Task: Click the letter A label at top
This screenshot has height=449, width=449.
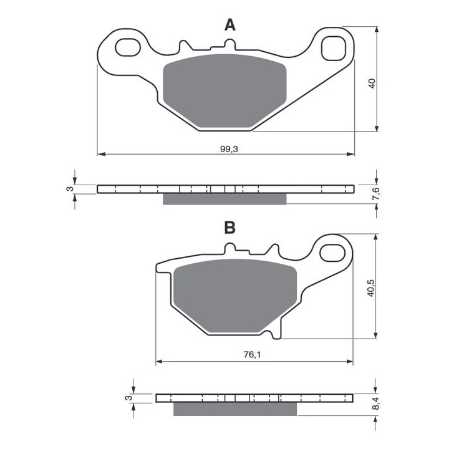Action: [x=230, y=25]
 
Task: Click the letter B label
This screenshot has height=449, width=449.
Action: [x=230, y=228]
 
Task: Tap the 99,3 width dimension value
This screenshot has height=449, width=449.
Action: [x=229, y=148]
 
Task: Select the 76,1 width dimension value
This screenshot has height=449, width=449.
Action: [x=251, y=355]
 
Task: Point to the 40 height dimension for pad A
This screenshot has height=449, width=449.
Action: [x=371, y=84]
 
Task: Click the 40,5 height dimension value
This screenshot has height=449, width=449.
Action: [x=371, y=287]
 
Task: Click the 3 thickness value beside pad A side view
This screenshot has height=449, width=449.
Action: [x=70, y=189]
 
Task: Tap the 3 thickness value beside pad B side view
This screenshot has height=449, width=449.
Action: [x=128, y=398]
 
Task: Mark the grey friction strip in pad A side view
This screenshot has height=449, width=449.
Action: [x=224, y=199]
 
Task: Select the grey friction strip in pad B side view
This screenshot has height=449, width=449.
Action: [x=236, y=408]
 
